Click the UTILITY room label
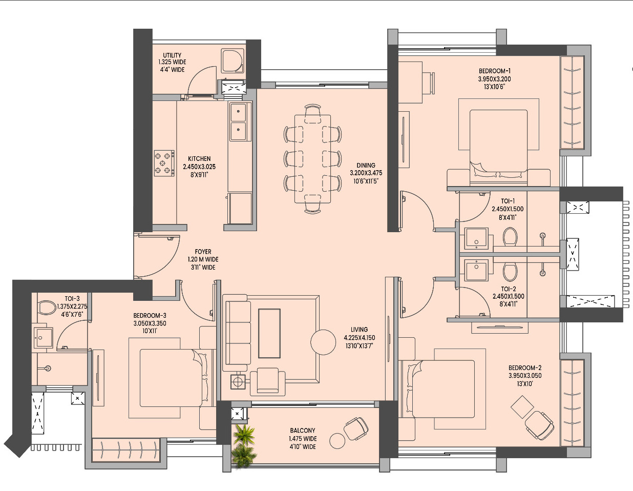(x=172, y=55)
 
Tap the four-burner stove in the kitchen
(x=164, y=163)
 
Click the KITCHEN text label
(x=199, y=159)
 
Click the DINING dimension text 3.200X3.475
(x=366, y=173)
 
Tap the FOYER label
(x=203, y=252)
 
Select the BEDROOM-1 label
(x=494, y=71)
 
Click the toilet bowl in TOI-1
(x=510, y=237)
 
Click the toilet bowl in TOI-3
(x=47, y=308)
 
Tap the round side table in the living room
(x=324, y=342)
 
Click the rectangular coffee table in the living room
(x=269, y=333)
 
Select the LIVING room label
(x=359, y=330)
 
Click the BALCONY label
(x=303, y=431)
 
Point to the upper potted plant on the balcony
(x=244, y=434)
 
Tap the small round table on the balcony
(x=337, y=441)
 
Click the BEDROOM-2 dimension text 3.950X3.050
(x=525, y=376)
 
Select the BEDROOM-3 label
(x=150, y=316)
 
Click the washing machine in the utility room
(x=233, y=61)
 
